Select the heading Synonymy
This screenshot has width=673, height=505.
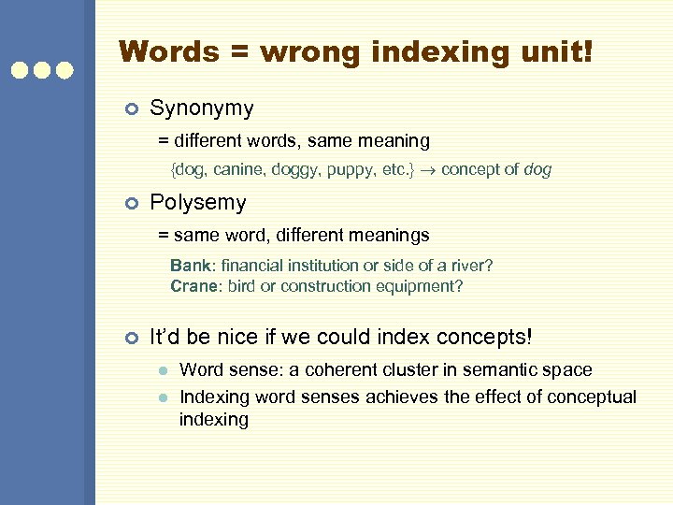pyautogui.click(x=202, y=108)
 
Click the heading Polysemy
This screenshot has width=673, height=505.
pyautogui.click(x=198, y=203)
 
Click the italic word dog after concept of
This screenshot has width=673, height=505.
pyautogui.click(x=537, y=170)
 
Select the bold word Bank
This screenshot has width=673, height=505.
pyautogui.click(x=191, y=266)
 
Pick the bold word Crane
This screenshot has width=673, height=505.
pyautogui.click(x=193, y=286)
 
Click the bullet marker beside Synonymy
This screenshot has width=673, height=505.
pyautogui.click(x=132, y=109)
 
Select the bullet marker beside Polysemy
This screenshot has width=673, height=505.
pyautogui.click(x=132, y=204)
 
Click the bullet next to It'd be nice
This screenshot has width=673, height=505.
pyautogui.click(x=132, y=337)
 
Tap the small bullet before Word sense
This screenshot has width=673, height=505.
pyautogui.click(x=162, y=371)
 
